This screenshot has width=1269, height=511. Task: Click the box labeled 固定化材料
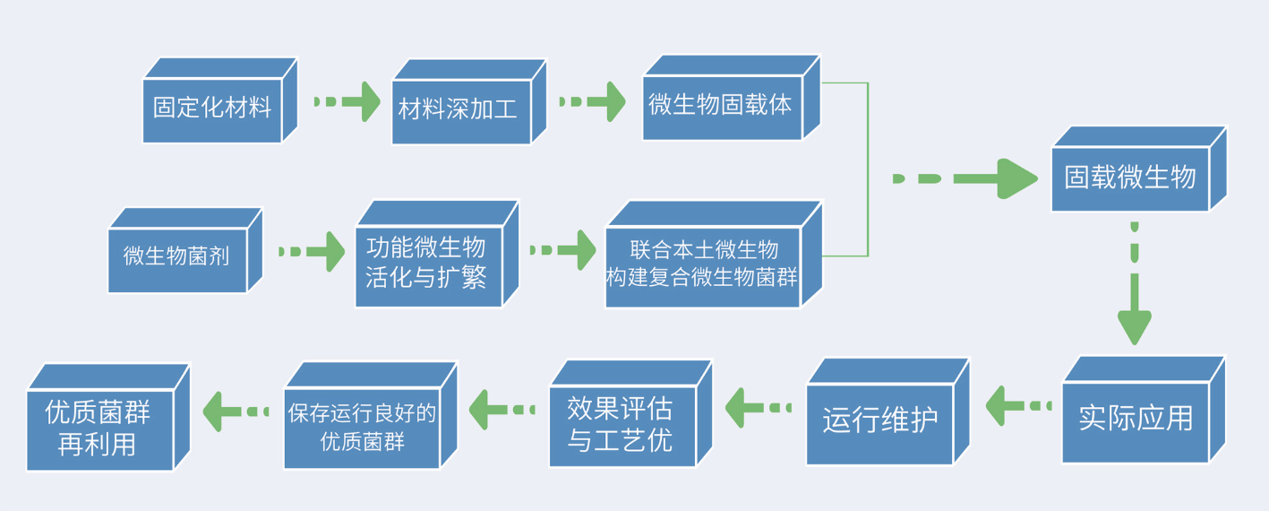click(219, 100)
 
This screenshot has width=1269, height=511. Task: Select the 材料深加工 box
click(469, 102)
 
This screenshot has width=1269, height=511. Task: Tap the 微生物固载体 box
click(732, 98)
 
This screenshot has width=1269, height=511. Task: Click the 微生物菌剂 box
click(185, 250)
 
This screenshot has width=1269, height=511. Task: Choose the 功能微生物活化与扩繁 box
click(437, 254)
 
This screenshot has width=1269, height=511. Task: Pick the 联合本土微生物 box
click(714, 254)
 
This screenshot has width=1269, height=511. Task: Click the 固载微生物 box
click(1139, 169)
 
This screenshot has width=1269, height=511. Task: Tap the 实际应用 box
click(1144, 410)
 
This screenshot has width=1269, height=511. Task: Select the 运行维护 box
click(888, 411)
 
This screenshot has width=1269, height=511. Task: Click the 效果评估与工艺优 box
click(630, 413)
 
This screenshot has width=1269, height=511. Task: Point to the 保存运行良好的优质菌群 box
click(371, 415)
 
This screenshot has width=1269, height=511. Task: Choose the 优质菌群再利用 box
click(108, 417)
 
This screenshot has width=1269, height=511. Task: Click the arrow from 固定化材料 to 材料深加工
click(347, 101)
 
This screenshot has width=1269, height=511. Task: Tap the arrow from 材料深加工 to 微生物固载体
click(593, 101)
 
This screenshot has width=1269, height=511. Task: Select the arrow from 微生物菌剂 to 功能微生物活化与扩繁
click(312, 251)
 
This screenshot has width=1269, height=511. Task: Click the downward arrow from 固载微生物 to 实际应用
click(1134, 283)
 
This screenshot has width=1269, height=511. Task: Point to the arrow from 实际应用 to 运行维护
click(1018, 406)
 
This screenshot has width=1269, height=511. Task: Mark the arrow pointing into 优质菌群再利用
click(236, 411)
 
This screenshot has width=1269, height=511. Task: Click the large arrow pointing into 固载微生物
click(965, 178)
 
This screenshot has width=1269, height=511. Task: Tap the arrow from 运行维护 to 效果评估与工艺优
click(758, 408)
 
